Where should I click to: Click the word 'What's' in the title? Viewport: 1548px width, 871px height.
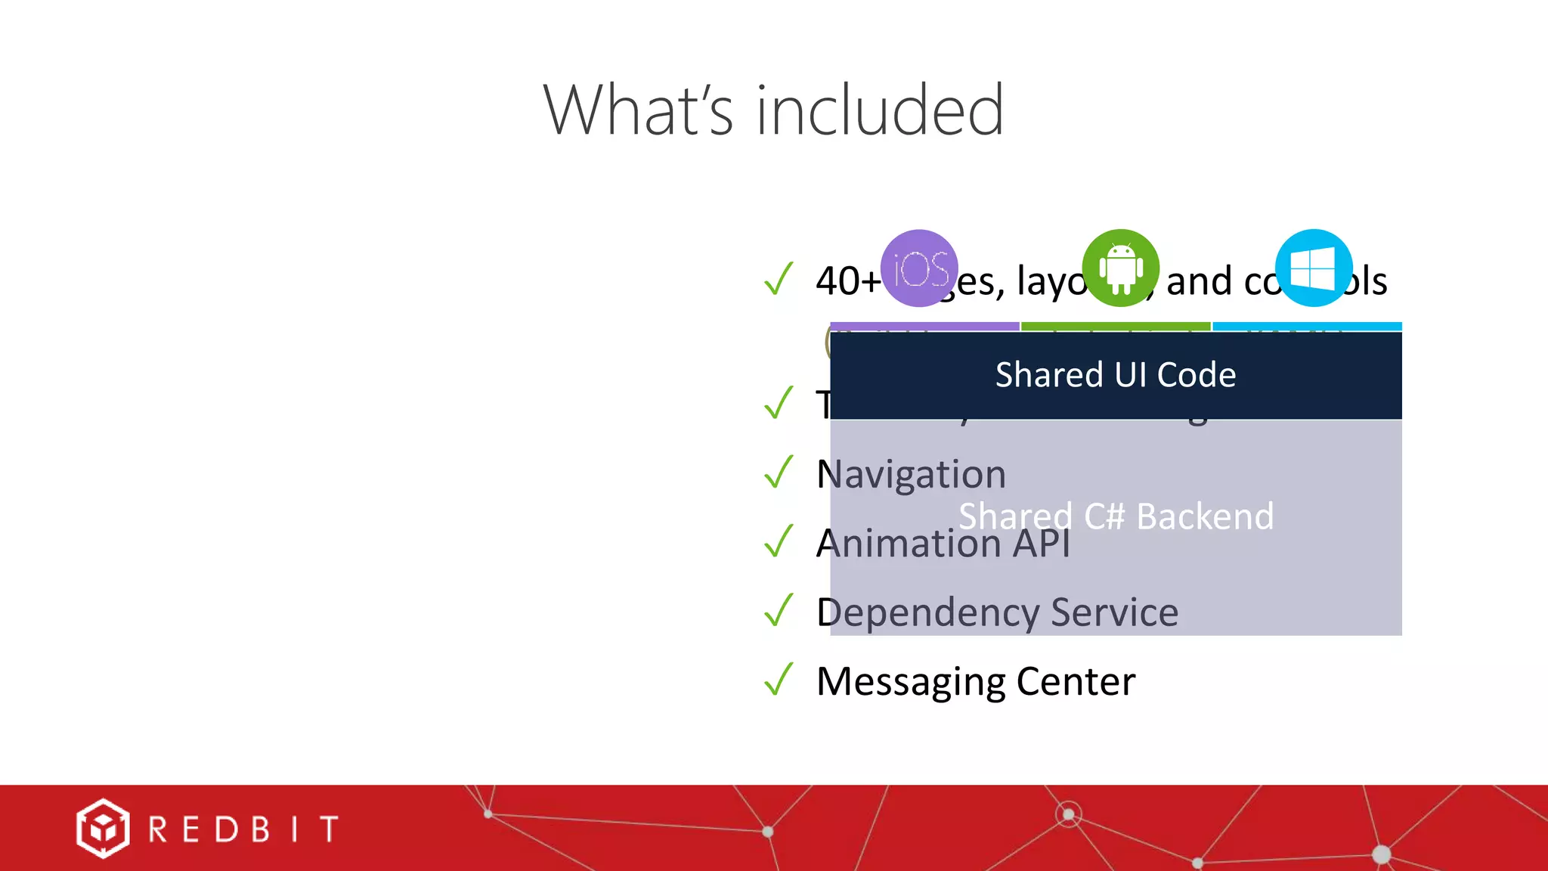pos(637,110)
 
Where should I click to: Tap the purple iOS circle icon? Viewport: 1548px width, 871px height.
pos(920,268)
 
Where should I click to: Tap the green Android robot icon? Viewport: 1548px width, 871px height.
pos(1121,268)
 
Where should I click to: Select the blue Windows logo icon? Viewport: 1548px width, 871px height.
pos(1314,268)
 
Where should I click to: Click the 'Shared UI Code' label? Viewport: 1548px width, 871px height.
pos(1116,375)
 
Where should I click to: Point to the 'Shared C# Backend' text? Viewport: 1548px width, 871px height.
pos(1116,516)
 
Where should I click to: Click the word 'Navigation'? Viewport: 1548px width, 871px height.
pos(911,475)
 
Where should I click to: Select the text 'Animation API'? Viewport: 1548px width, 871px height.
pos(943,544)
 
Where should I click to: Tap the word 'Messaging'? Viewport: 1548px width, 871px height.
pos(911,682)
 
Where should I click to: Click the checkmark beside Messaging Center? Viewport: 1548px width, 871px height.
pos(779,679)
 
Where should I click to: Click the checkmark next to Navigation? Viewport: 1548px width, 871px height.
pos(779,472)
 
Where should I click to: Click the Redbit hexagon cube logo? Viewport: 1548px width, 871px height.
pos(102,829)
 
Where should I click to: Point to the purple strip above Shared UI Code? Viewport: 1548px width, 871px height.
pos(924,327)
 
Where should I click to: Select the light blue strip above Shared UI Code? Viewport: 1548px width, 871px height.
pos(1307,327)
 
